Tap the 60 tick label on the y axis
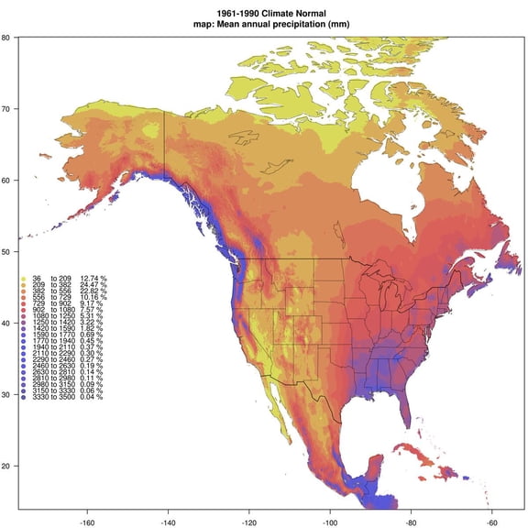point(6,181)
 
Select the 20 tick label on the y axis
point(6,467)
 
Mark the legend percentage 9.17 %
point(93,308)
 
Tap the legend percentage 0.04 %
point(93,397)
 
